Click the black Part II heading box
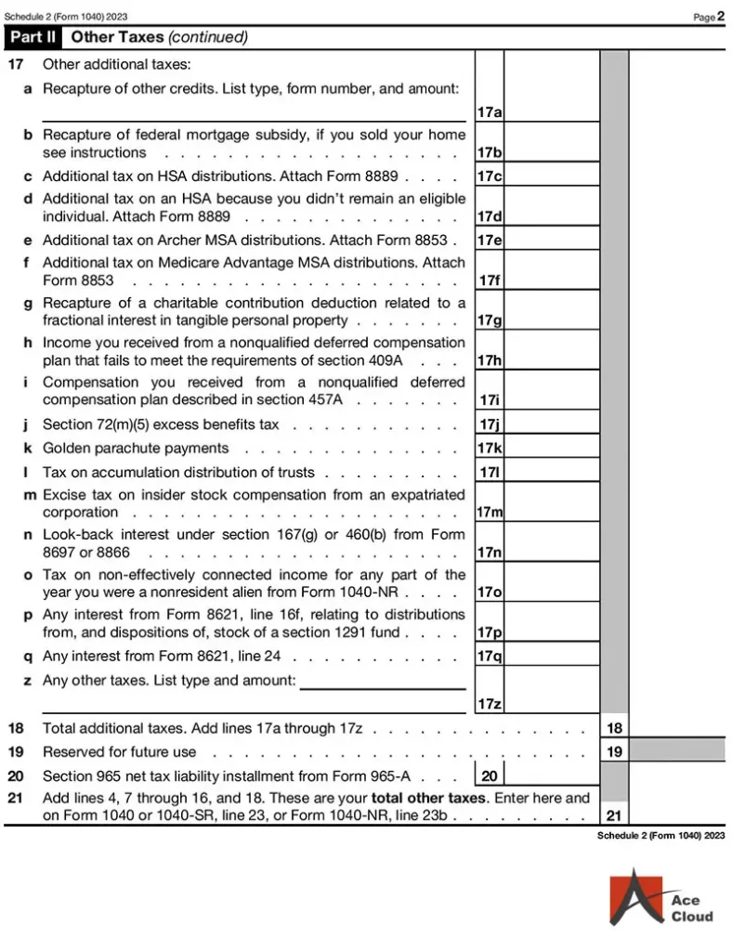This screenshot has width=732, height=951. [34, 37]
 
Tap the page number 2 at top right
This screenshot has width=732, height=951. [721, 16]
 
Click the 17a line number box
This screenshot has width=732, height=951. [490, 112]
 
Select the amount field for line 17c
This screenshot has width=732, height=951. [552, 175]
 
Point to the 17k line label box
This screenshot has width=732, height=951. [490, 448]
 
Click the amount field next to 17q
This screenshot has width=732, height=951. [552, 656]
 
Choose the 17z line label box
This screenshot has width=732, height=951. [490, 704]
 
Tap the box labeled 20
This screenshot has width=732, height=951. [490, 775]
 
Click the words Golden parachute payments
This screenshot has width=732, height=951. [136, 449]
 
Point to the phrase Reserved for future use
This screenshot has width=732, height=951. [120, 751]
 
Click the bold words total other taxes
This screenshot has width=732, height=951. [427, 798]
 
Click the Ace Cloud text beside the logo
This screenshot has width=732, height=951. [692, 908]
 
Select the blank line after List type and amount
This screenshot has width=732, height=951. [383, 685]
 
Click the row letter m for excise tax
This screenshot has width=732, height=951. [29, 495]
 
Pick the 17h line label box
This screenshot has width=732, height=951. [490, 360]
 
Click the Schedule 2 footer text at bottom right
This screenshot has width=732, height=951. [660, 836]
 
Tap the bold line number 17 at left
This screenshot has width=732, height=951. [16, 65]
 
